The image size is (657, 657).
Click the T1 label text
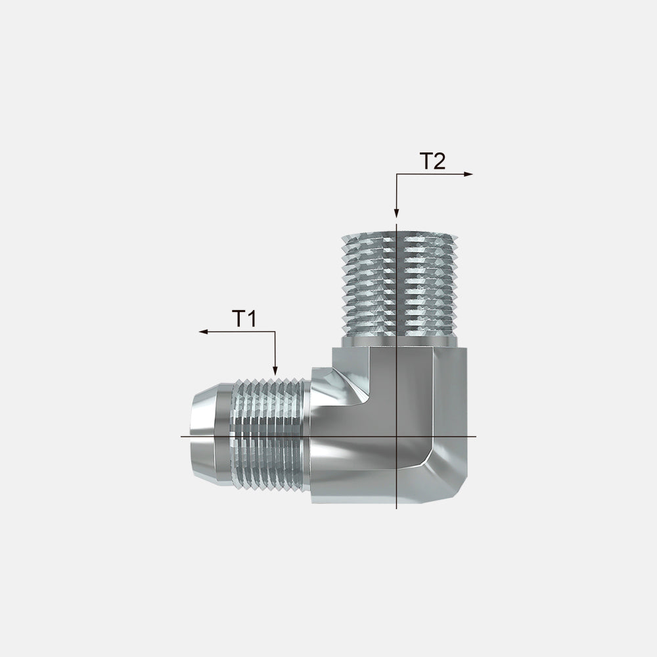[244, 319]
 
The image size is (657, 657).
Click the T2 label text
[432, 162]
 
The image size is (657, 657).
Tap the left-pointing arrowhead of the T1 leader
[203, 332]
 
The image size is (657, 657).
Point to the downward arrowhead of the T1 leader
[275, 371]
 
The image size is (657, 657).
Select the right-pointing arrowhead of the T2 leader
[468, 174]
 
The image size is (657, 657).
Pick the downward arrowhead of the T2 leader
[396, 214]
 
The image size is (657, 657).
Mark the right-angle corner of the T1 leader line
[275, 332]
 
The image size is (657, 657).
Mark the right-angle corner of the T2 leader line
[396, 174]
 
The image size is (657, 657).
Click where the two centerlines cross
[396, 437]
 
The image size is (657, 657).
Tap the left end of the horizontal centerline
[181, 437]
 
